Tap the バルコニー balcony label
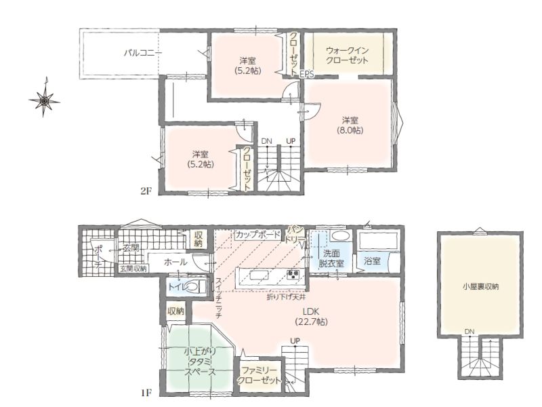tap(143, 54)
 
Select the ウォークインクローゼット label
tap(347, 56)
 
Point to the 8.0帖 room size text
tap(350, 130)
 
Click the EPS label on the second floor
tap(307, 74)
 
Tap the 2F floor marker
tap(146, 191)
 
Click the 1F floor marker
tap(146, 393)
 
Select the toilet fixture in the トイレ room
tap(194, 287)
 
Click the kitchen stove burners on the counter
tap(293, 275)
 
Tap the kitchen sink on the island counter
tap(259, 275)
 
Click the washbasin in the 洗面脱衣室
tap(340, 237)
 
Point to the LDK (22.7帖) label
tap(311, 316)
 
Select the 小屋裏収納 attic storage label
tap(480, 286)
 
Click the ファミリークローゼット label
tap(259, 376)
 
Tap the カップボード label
tap(257, 234)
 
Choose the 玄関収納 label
tap(133, 268)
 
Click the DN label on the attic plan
tap(470, 332)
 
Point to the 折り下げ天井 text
tap(285, 296)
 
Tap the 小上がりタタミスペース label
tap(200, 362)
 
